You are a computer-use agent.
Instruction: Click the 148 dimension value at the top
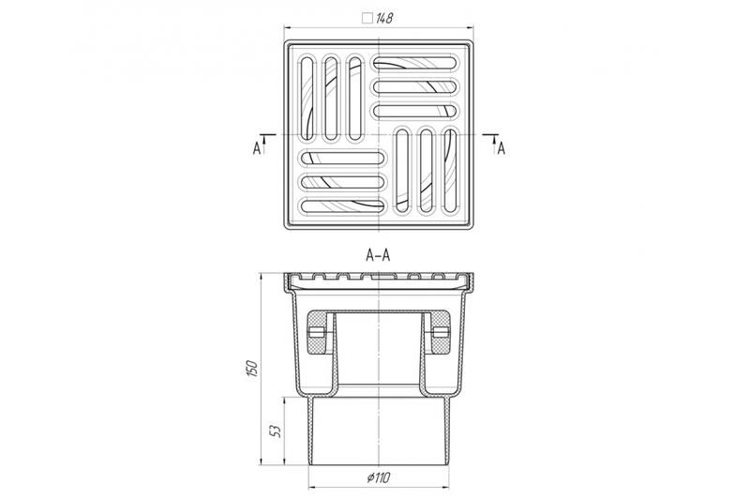pos(384,18)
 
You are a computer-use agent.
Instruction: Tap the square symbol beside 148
pos(367,18)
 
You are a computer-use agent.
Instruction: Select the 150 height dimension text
pos(252,369)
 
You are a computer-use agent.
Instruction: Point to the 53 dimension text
pos(276,431)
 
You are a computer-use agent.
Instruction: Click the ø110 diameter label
pos(379,477)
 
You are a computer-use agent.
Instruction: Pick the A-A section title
pos(378,255)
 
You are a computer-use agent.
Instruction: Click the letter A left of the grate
pos(257,149)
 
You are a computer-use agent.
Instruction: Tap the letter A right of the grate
pos(501,149)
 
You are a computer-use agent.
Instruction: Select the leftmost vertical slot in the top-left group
pos(307,98)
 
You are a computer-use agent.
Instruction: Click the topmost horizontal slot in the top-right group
pos(414,63)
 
